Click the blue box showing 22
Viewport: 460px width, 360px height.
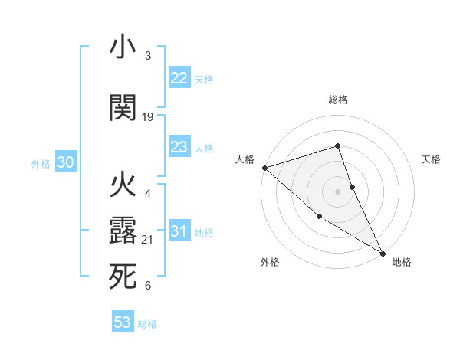tap(179, 78)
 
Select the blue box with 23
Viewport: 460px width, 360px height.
tap(179, 147)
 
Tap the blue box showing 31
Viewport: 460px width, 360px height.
tap(179, 231)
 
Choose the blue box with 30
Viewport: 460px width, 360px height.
tap(66, 162)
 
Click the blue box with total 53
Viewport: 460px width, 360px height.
tap(122, 322)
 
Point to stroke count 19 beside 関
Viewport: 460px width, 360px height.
tap(148, 117)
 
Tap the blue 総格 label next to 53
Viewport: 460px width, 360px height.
tap(147, 324)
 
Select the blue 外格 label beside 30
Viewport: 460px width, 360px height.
tap(41, 163)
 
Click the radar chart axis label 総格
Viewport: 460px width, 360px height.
tap(338, 100)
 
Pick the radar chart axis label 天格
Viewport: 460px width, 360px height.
tap(431, 159)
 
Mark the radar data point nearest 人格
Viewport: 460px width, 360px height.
tap(264, 167)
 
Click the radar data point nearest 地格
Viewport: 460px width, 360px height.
tap(383, 253)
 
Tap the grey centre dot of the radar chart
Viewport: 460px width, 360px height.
tap(337, 191)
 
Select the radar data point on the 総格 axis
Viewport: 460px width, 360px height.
tap(337, 146)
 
